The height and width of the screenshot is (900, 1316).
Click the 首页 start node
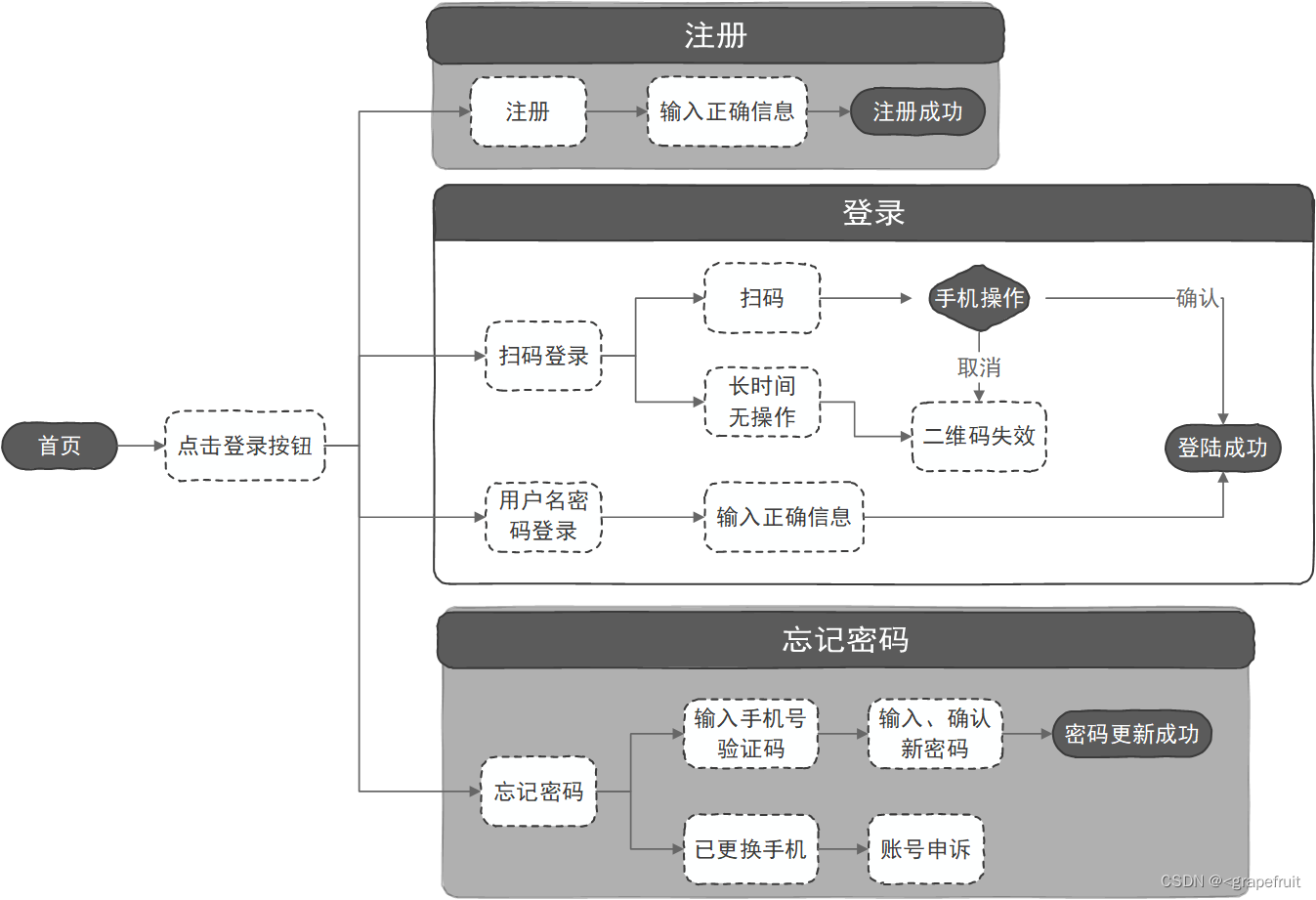click(60, 446)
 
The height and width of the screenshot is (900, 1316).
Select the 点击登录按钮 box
click(245, 446)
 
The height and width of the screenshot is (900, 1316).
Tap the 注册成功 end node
click(917, 111)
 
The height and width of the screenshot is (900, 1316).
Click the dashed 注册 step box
click(529, 111)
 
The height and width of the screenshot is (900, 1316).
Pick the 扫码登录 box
click(543, 356)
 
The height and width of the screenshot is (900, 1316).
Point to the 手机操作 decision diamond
click(979, 298)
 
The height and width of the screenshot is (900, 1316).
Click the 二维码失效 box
click(979, 436)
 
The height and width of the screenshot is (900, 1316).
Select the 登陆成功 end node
click(1222, 448)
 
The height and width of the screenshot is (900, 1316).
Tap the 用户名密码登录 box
click(543, 516)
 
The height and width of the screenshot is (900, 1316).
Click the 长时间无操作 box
click(762, 402)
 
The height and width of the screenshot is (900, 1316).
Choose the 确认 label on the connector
click(1197, 298)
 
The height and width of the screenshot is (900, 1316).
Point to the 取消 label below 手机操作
click(979, 367)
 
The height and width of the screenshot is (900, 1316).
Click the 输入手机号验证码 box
click(750, 734)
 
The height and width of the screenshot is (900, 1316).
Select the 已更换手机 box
click(750, 849)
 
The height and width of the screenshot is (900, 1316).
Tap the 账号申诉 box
click(925, 849)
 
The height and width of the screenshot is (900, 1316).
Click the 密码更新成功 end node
click(1131, 734)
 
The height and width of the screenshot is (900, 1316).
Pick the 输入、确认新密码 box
click(935, 734)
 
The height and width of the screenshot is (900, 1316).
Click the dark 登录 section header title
click(873, 213)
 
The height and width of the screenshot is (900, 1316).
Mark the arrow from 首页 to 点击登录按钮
click(142, 446)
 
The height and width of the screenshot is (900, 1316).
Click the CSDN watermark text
click(1230, 881)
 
